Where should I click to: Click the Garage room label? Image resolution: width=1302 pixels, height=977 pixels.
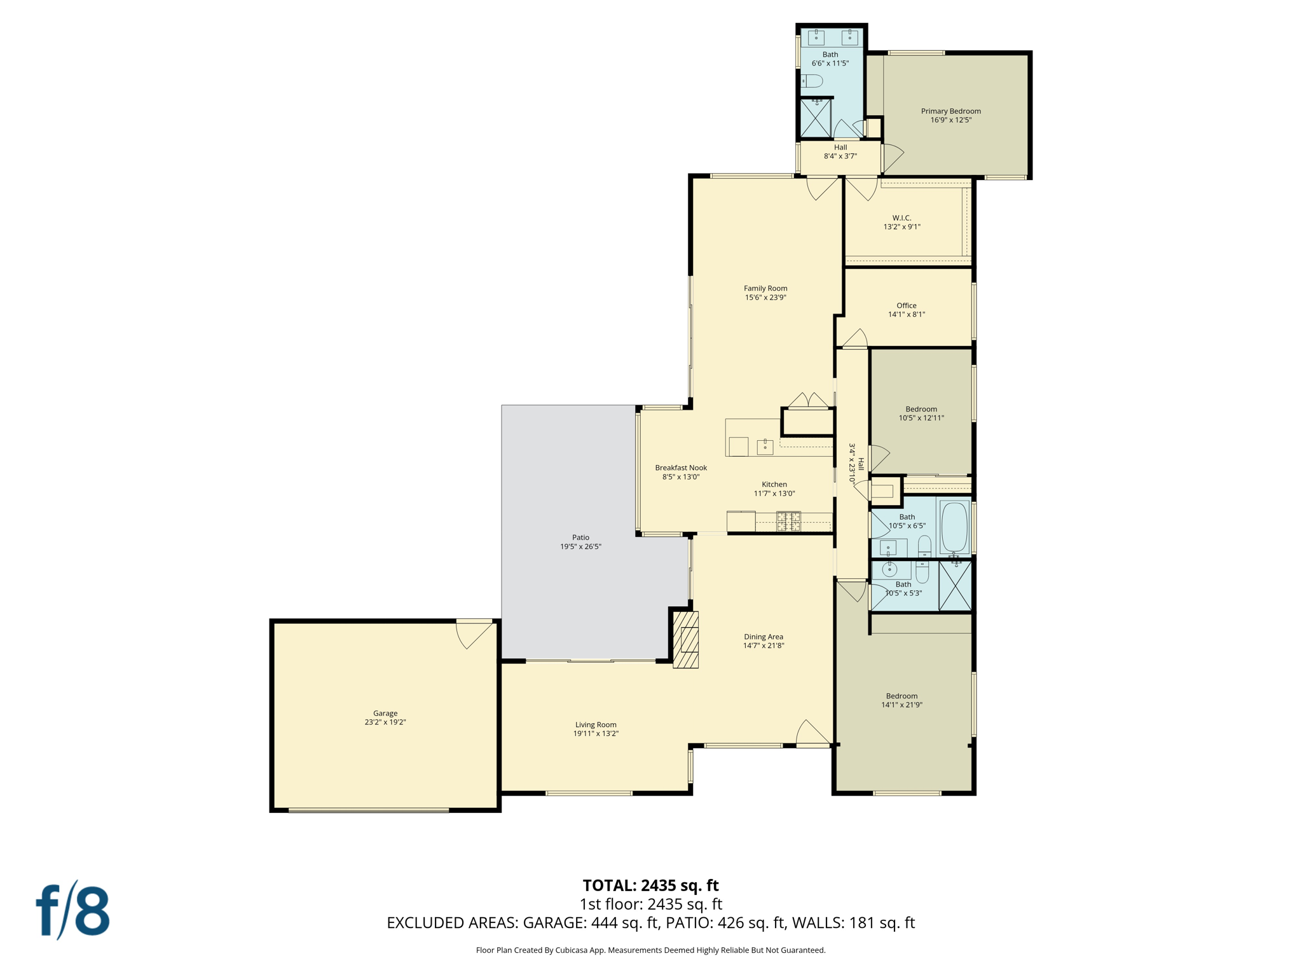385,713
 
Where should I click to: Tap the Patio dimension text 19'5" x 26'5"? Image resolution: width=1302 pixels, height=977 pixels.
580,546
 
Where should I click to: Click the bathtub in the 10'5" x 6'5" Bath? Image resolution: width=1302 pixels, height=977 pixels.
954,527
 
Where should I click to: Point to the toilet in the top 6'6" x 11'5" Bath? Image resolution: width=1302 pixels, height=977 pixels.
812,81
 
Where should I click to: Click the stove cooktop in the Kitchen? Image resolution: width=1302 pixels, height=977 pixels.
788,522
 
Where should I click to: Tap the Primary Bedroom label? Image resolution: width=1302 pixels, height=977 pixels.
950,111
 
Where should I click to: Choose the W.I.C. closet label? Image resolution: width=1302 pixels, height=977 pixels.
901,218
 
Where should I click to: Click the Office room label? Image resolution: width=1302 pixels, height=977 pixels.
907,305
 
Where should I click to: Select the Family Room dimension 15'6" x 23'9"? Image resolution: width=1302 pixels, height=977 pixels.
765,297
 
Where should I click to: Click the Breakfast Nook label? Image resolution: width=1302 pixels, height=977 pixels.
681,468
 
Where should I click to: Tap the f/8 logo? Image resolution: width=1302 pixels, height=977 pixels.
73,910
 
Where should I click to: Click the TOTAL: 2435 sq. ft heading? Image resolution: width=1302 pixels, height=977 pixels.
650,885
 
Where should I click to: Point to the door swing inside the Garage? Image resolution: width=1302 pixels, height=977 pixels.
474,635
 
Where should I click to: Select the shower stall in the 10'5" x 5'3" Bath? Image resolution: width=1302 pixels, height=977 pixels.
955,586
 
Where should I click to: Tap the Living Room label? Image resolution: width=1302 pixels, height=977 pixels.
596,724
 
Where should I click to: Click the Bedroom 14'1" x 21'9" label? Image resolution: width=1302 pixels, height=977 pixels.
901,696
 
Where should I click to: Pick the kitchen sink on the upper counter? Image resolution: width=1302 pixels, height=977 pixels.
765,447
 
